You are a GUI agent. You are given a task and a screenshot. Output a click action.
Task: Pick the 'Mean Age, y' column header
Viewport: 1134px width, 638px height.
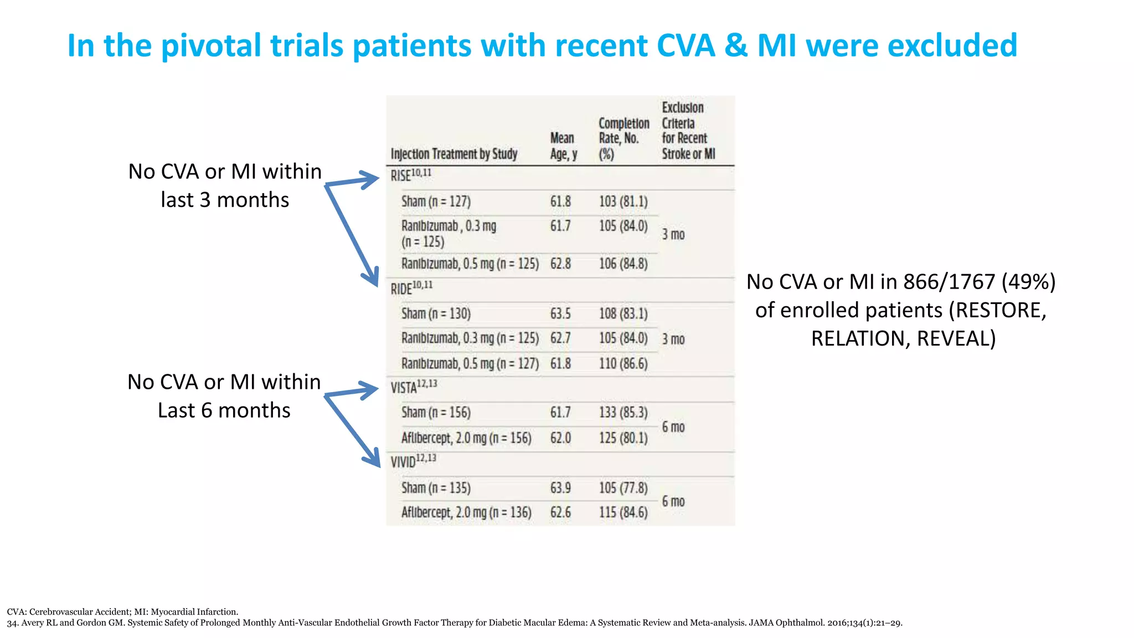[x=563, y=146]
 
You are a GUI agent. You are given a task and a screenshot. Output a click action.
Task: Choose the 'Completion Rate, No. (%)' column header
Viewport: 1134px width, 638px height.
[x=623, y=138]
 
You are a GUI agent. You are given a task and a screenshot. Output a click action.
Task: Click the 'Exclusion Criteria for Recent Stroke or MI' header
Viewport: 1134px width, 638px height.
[x=688, y=131]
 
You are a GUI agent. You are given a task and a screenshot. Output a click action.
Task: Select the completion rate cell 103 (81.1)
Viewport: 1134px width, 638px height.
[x=623, y=202]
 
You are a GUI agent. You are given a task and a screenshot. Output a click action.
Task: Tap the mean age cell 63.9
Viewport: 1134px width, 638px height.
[x=560, y=488]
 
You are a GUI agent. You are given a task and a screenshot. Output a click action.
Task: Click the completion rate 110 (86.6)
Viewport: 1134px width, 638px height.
[x=623, y=364]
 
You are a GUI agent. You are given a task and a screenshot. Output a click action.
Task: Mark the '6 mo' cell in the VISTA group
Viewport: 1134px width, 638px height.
[x=673, y=427]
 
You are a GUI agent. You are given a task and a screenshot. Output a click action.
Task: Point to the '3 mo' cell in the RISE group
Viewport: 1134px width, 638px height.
[x=673, y=235]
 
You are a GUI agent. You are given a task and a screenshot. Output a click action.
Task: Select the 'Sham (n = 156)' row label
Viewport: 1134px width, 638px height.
[x=436, y=413]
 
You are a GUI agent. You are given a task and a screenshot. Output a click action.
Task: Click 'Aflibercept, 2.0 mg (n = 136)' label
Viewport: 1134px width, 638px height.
[x=466, y=513]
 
